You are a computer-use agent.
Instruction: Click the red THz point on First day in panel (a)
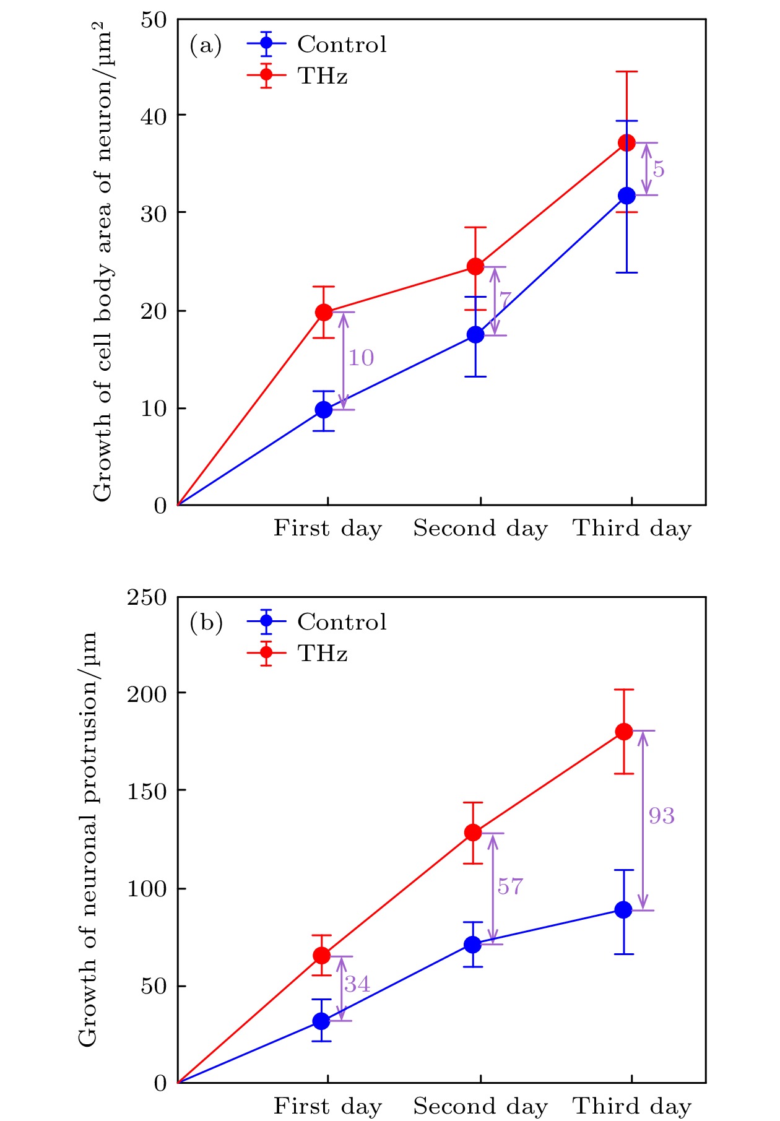click(324, 312)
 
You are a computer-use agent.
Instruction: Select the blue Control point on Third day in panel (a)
click(626, 196)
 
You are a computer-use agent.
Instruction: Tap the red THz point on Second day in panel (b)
click(473, 832)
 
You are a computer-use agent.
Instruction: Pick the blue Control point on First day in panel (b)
click(321, 1021)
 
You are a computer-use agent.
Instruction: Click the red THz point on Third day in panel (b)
click(624, 731)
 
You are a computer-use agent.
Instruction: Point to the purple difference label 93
click(661, 815)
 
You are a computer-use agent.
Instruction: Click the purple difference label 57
click(510, 886)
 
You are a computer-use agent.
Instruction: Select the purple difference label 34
click(357, 984)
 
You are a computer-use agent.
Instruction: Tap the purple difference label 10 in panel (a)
click(360, 357)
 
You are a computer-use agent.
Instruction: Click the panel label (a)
click(206, 45)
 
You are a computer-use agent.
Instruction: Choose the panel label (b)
click(206, 623)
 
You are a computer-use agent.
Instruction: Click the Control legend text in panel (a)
click(342, 44)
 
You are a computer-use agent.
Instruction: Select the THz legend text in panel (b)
click(322, 654)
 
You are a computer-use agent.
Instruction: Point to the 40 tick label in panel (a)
click(154, 116)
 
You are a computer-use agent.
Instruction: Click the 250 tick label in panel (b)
click(147, 597)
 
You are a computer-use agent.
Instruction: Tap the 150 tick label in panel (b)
click(147, 791)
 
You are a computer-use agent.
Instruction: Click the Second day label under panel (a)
click(480, 528)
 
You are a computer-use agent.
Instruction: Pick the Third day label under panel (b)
click(631, 1106)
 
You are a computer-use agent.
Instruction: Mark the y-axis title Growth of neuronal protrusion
click(88, 839)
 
